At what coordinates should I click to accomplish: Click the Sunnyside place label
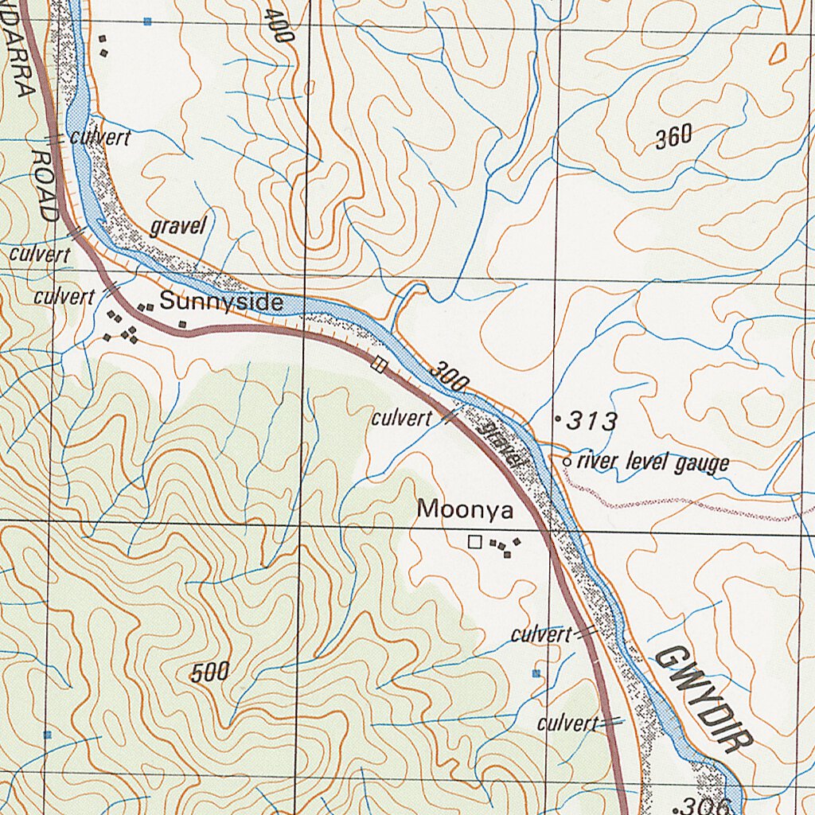tap(221, 302)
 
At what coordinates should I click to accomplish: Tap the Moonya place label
tap(466, 509)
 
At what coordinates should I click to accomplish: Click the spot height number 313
tap(592, 421)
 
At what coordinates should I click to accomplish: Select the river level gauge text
tap(653, 462)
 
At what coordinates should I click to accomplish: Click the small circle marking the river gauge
tap(567, 461)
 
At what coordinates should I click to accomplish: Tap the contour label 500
tap(211, 673)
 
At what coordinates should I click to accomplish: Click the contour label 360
tap(673, 138)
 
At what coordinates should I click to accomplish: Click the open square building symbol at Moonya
tap(475, 542)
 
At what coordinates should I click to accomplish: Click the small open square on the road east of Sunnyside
tap(379, 365)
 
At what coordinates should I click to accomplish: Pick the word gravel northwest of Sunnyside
tap(178, 227)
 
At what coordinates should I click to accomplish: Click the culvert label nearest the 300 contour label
tap(401, 419)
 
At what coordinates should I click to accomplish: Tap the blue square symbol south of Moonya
tap(536, 673)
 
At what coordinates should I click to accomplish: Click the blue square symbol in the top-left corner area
tap(147, 21)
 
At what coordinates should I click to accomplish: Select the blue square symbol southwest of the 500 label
tap(48, 734)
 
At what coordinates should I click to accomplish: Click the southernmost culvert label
tap(567, 723)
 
